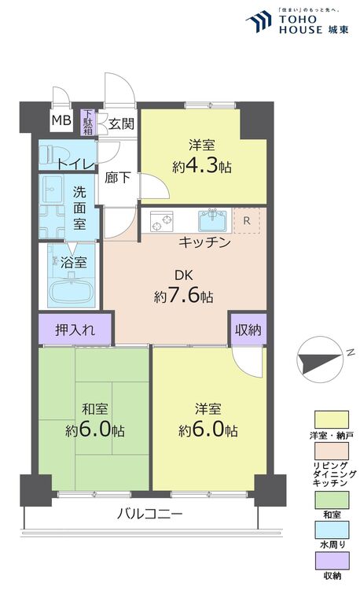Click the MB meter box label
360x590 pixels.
pos(61,120)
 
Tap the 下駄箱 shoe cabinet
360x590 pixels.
pos(88,122)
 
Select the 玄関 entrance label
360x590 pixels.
pos(121,124)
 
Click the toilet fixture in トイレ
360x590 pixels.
pos(55,154)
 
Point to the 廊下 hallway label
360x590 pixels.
pos(118,178)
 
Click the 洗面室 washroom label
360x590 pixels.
pos(79,208)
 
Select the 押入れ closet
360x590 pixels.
pos(75,330)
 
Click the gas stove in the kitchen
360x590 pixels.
pos(162,220)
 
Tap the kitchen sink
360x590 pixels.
pos(213,220)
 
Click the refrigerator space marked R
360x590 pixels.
pos(247,221)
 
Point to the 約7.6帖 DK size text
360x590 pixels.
pos(183,297)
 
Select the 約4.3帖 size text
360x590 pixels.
pos(202,166)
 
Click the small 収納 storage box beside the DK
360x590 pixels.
pos(248,330)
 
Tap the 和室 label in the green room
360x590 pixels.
pos(95,409)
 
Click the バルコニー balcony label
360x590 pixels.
pos(149,513)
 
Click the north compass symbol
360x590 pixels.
pos(321,360)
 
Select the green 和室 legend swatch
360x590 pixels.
pos(332,500)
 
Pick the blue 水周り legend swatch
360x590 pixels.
pos(332,529)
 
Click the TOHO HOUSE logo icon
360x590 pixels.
pos(259,21)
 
